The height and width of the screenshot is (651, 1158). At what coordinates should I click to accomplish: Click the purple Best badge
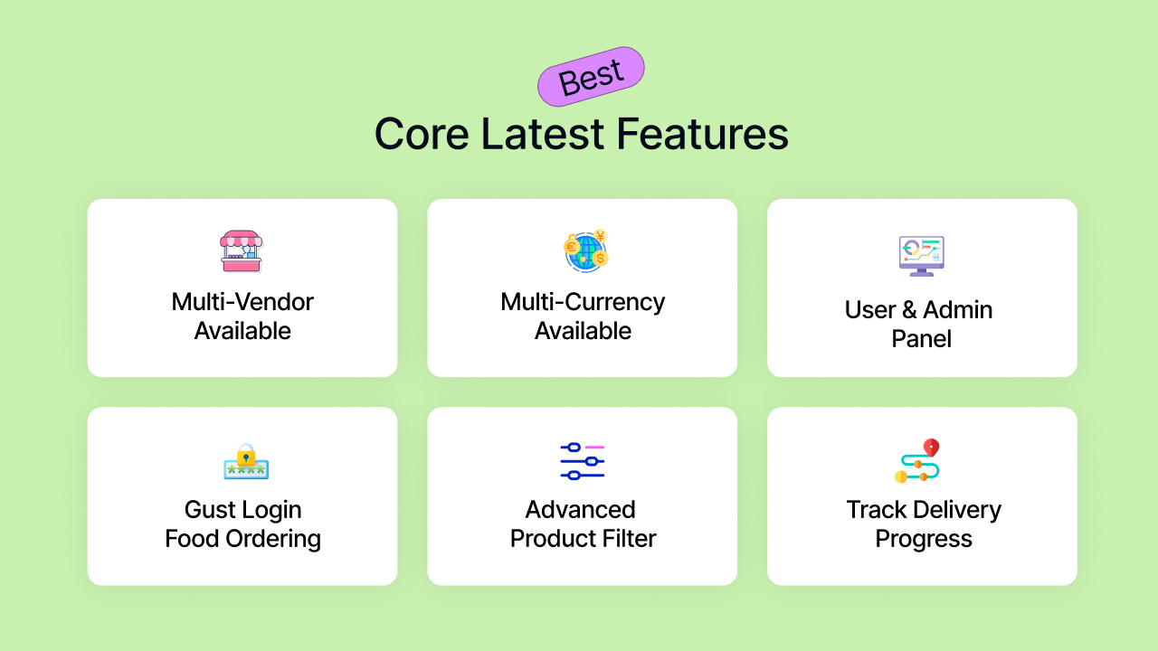[x=591, y=77]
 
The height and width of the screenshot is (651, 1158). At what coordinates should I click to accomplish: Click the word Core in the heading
[x=422, y=134]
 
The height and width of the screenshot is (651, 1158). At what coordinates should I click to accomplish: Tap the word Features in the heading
[x=703, y=134]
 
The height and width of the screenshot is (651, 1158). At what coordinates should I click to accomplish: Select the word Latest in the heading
[x=542, y=134]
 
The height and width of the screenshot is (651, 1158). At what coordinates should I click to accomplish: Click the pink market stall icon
[x=242, y=251]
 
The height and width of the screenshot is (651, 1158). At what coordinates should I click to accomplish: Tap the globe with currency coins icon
[x=586, y=250]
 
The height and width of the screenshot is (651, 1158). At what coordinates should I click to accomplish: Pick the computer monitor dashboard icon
[x=922, y=256]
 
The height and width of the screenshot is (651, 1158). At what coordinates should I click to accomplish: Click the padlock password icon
[x=246, y=461]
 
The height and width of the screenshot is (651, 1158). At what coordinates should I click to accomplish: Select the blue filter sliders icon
[x=583, y=461]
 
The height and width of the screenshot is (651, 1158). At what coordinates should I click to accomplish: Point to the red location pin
[x=931, y=448]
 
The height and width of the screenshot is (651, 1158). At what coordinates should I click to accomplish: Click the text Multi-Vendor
[x=242, y=302]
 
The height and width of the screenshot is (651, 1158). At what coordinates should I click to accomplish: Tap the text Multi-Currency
[x=583, y=303]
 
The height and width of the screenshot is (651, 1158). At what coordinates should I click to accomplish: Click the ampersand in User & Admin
[x=909, y=310]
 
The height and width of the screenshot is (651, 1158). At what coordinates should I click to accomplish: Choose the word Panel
[x=921, y=339]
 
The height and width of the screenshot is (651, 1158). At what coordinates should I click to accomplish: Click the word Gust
[x=210, y=509]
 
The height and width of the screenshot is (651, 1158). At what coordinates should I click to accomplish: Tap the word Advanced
[x=581, y=509]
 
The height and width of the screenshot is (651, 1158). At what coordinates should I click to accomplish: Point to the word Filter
[x=629, y=538]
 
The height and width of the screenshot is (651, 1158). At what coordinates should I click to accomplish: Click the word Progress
[x=924, y=540]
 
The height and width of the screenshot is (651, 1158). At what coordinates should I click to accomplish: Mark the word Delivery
[x=957, y=511]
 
